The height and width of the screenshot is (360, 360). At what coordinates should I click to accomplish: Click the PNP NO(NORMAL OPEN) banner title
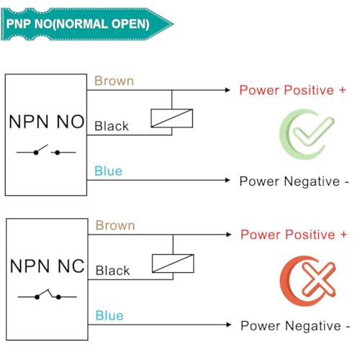tap(78, 24)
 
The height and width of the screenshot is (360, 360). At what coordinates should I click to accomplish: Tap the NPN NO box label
tap(47, 122)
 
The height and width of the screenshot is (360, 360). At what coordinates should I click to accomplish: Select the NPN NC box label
tap(48, 266)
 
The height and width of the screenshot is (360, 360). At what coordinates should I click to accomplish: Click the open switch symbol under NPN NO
tap(46, 150)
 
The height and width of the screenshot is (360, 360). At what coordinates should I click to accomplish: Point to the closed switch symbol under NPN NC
tap(47, 294)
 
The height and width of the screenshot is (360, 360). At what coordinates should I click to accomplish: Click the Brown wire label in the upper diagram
tap(114, 81)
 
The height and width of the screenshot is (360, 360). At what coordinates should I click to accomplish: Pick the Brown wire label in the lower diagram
tap(115, 225)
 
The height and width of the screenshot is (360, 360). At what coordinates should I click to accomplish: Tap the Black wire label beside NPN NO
tap(112, 126)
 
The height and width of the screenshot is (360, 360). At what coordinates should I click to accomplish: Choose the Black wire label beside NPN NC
tap(112, 271)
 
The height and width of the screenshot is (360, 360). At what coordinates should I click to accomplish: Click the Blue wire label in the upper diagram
tap(108, 171)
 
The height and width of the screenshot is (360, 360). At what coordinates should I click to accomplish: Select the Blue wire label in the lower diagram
tap(109, 315)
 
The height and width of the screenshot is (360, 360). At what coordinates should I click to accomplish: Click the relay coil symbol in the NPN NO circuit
tap(172, 118)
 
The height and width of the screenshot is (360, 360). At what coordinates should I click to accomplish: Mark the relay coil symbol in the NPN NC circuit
tap(173, 264)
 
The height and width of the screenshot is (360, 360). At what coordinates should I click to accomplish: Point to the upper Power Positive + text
tap(292, 90)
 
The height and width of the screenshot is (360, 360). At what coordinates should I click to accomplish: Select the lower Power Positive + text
tap(294, 235)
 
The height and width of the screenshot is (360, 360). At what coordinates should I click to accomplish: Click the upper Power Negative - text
tap(294, 181)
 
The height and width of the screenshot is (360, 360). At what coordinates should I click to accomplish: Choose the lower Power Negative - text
tap(295, 325)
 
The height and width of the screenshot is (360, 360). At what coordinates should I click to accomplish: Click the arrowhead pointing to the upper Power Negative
tap(228, 180)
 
